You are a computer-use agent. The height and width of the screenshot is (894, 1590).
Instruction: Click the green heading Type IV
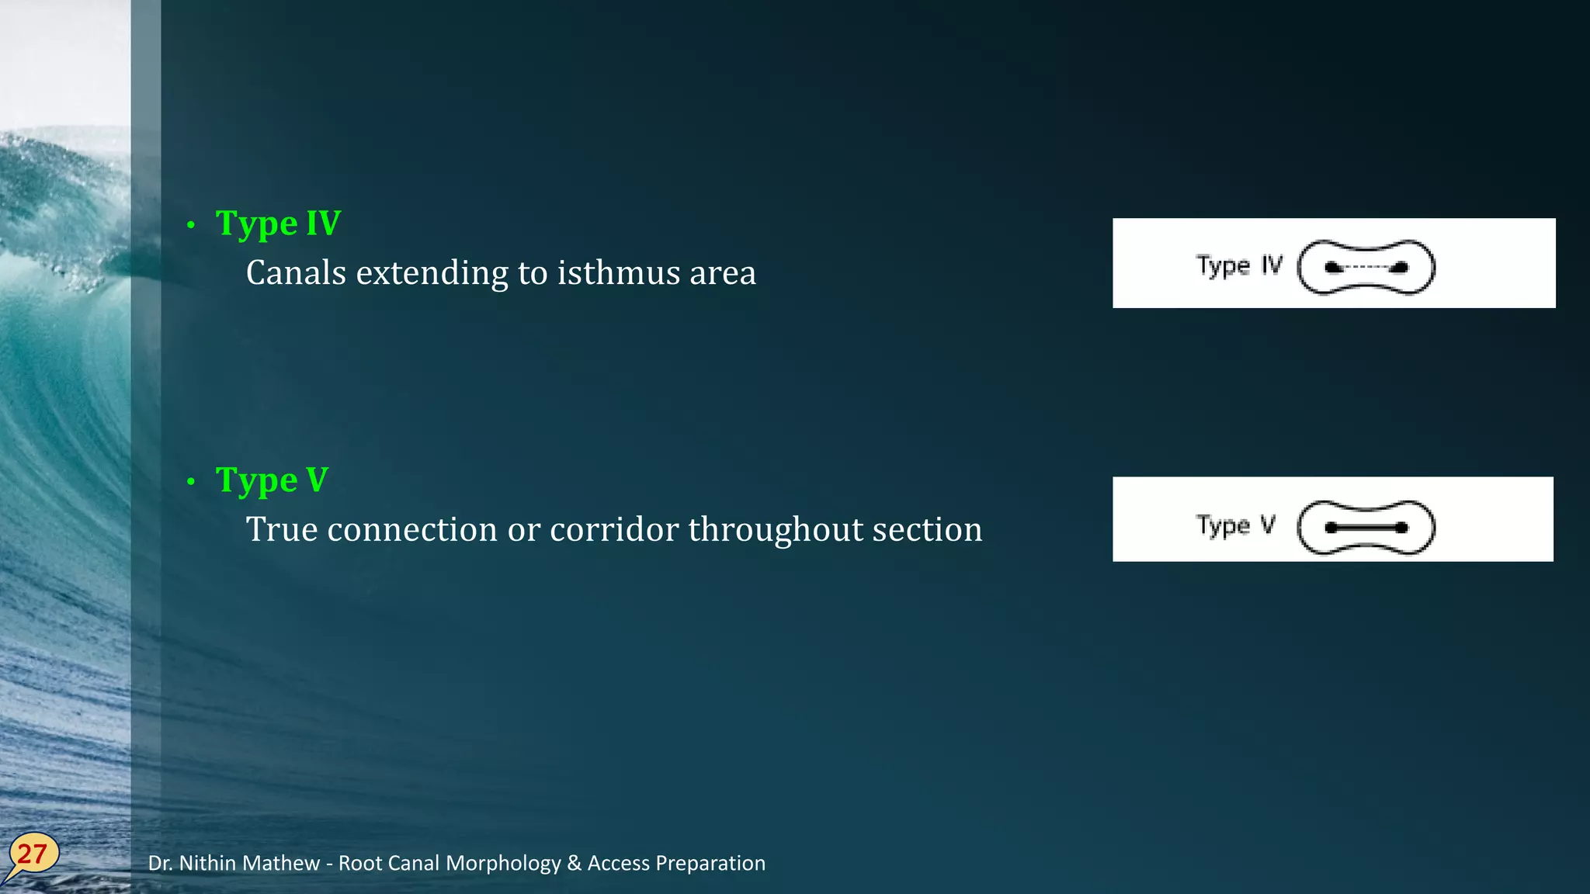pos(277,223)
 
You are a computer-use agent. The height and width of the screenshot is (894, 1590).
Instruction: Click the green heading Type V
pos(272,480)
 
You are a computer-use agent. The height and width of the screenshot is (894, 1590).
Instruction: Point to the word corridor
pos(613,529)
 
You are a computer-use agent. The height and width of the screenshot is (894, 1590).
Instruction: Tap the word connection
pos(412,529)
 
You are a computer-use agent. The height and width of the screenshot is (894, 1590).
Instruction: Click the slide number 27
pos(33,854)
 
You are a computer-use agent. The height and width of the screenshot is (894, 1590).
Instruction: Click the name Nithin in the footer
pos(210,863)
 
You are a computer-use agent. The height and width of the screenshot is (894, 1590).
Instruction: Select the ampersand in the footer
pos(574,863)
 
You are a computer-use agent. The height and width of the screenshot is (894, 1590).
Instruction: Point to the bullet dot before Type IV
pos(191,226)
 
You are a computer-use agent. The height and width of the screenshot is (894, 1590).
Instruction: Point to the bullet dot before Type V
pos(191,483)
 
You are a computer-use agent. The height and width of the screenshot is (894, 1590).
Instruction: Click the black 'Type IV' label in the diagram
pos(1239,265)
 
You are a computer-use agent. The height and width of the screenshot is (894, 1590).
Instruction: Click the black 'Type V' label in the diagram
pos(1234,525)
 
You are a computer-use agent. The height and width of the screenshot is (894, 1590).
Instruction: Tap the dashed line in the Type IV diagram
pos(1366,268)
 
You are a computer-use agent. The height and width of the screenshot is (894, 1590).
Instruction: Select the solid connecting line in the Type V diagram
pos(1366,528)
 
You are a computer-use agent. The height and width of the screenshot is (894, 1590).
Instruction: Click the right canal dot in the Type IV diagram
pos(1400,268)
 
